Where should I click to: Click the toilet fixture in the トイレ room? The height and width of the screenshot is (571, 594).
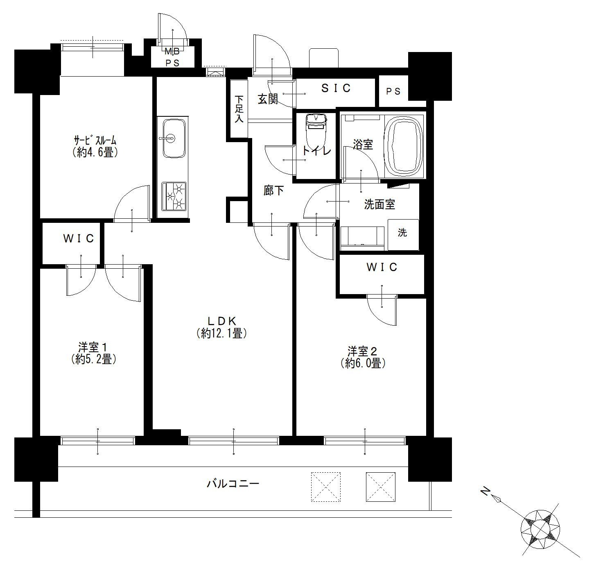tap(316, 131)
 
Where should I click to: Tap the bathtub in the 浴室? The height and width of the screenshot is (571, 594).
tap(404, 147)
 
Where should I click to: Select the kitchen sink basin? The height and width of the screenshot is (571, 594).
tap(174, 138)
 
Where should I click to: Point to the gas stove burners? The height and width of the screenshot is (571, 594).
tap(174, 196)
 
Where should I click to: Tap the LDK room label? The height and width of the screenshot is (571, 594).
tap(222, 321)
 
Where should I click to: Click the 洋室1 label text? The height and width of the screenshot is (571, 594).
tap(93, 347)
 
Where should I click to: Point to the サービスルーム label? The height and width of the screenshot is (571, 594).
tap(95, 140)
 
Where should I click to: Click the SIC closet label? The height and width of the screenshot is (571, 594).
tap(336, 88)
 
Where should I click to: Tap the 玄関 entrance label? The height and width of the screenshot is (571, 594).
tap(268, 99)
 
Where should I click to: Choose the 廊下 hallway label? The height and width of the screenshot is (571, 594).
tap(273, 190)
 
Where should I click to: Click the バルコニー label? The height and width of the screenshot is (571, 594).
tap(233, 484)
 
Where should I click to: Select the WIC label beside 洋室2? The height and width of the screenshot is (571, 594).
tap(382, 267)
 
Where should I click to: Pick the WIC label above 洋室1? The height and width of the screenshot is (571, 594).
tap(79, 239)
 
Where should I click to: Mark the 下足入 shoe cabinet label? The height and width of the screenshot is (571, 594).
tap(239, 109)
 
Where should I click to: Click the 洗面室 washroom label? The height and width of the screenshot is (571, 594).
tap(380, 204)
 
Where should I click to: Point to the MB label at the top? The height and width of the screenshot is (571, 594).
tap(172, 52)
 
